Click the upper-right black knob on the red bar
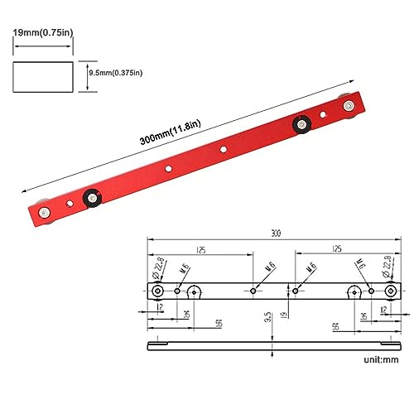tap(300, 125)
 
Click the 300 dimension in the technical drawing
tap(273, 234)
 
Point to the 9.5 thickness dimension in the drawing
tap(267, 317)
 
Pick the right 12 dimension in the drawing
tap(382, 310)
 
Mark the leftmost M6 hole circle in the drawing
tap(178, 291)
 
